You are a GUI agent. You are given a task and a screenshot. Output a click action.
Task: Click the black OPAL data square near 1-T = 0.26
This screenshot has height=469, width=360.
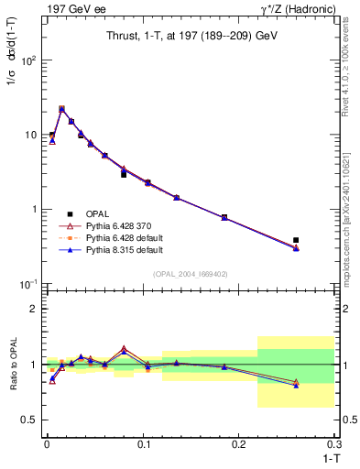pos(295,240)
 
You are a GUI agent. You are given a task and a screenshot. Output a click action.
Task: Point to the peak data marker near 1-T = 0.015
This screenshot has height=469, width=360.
pos(61,109)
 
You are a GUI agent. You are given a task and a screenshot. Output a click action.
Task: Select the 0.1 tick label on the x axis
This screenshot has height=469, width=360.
pos(143,445)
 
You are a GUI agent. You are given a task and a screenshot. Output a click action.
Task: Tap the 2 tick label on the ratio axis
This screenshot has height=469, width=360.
pos(37,309)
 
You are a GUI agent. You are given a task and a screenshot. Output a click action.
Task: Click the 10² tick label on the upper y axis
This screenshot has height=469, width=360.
pos(31,60)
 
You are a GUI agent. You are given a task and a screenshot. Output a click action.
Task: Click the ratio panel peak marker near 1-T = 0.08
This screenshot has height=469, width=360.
pos(124,349)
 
